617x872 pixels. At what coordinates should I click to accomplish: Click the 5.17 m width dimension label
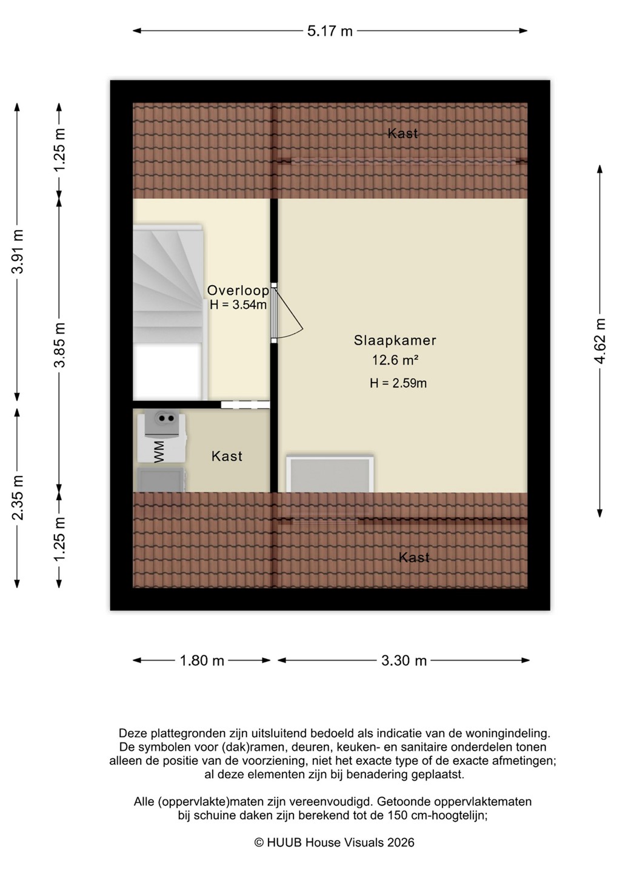330,31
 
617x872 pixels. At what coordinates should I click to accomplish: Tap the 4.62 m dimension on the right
600,341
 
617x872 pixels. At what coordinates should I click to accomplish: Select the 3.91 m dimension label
18,251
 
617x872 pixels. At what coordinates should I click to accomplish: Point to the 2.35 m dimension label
18,498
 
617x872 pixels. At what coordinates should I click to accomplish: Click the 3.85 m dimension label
59,345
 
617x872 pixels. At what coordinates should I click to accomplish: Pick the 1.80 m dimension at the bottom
202,660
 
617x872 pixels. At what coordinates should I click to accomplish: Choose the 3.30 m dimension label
404,660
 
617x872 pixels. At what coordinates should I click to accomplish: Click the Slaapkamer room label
395,340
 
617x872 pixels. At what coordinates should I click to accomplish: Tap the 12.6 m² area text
395,360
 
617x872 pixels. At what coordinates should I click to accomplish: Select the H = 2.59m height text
398,383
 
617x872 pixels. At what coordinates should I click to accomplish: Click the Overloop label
238,291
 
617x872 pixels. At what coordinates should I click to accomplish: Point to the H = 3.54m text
238,305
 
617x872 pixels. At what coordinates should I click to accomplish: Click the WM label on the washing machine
159,452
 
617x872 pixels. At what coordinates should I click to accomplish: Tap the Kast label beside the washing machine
227,456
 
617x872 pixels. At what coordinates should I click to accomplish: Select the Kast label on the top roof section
403,133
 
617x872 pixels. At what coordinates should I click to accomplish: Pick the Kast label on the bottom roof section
414,558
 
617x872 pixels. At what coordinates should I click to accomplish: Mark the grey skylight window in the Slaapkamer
330,475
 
